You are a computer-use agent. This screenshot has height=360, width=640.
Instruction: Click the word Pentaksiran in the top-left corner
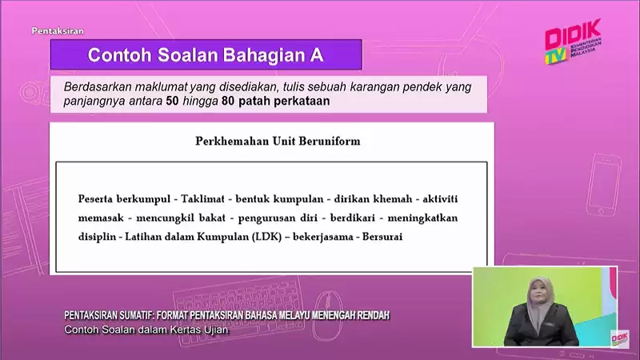58,32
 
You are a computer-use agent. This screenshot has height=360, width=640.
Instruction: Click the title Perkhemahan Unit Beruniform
278,142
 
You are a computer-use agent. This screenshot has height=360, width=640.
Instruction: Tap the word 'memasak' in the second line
102,218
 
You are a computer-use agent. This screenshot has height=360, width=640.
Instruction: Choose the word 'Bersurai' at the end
382,238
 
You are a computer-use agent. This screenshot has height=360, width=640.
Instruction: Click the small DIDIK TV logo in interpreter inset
619,338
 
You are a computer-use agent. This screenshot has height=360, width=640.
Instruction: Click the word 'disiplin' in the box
98,238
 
